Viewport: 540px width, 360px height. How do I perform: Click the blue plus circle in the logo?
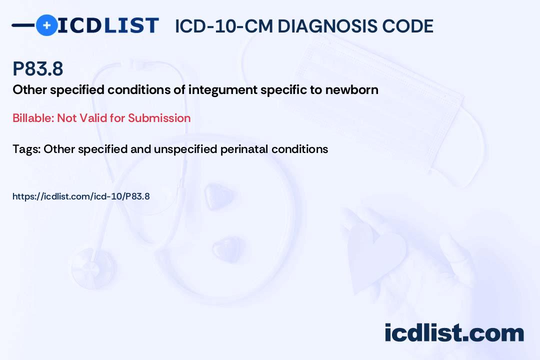coord(46,25)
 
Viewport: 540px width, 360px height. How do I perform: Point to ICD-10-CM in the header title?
coord(224,26)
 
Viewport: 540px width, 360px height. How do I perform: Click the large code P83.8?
coord(38,68)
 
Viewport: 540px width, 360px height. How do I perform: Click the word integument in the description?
coord(222,90)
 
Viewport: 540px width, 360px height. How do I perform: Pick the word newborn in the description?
coord(351,90)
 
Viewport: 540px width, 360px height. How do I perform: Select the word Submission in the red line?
coord(159,118)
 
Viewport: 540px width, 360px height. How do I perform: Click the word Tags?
coord(27,149)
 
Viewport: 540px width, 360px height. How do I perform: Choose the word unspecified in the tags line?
coord(185,149)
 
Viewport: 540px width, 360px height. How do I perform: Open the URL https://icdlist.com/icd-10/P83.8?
coord(81,196)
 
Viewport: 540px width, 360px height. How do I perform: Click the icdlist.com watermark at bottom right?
coord(454,333)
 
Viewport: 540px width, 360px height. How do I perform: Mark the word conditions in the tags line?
coord(299,149)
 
